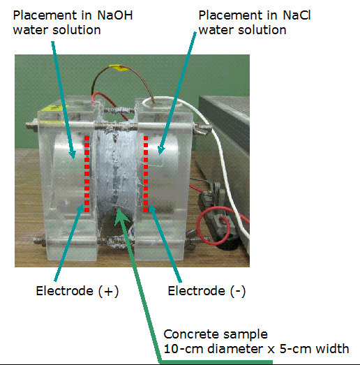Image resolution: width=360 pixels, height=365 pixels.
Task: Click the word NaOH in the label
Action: point(115,15)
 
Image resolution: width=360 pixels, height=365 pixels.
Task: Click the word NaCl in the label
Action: point(297,15)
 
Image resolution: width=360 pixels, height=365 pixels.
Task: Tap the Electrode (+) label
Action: point(77,291)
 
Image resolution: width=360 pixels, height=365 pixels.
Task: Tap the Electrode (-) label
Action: point(207,291)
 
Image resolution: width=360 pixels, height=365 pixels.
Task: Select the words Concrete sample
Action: point(216,334)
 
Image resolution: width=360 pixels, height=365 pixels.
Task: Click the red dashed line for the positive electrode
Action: point(87,174)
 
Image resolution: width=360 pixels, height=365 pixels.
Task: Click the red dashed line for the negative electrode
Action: point(146,174)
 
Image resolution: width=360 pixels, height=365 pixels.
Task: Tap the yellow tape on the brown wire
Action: point(120,68)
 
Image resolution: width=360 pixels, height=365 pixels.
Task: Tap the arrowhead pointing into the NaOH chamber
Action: point(73,154)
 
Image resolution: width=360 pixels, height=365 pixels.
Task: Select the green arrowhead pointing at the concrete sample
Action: point(121,216)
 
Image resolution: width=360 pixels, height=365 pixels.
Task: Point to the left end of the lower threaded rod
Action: point(35,240)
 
